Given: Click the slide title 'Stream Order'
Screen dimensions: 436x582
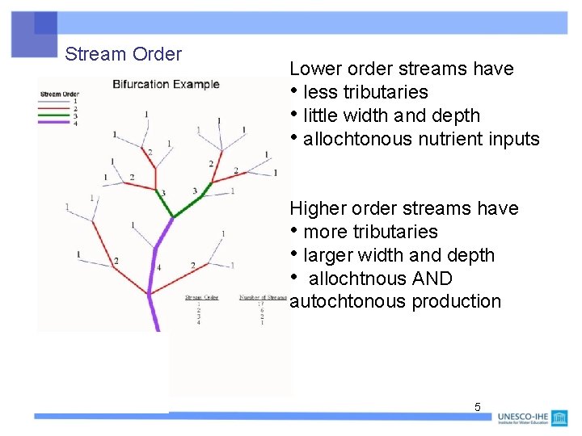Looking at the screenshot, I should point(123,54).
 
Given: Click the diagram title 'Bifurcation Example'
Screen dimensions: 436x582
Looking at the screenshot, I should point(166,84).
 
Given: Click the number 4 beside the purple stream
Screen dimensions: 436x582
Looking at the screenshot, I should point(158,267).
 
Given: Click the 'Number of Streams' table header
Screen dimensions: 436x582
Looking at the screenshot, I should point(263,297).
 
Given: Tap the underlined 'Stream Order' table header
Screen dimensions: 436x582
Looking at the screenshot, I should point(202,297).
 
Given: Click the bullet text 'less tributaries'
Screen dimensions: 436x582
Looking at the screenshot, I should point(365,92).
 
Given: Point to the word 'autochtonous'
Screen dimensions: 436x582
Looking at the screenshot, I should point(348,301).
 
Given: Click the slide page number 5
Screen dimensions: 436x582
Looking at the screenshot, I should point(477,407).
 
